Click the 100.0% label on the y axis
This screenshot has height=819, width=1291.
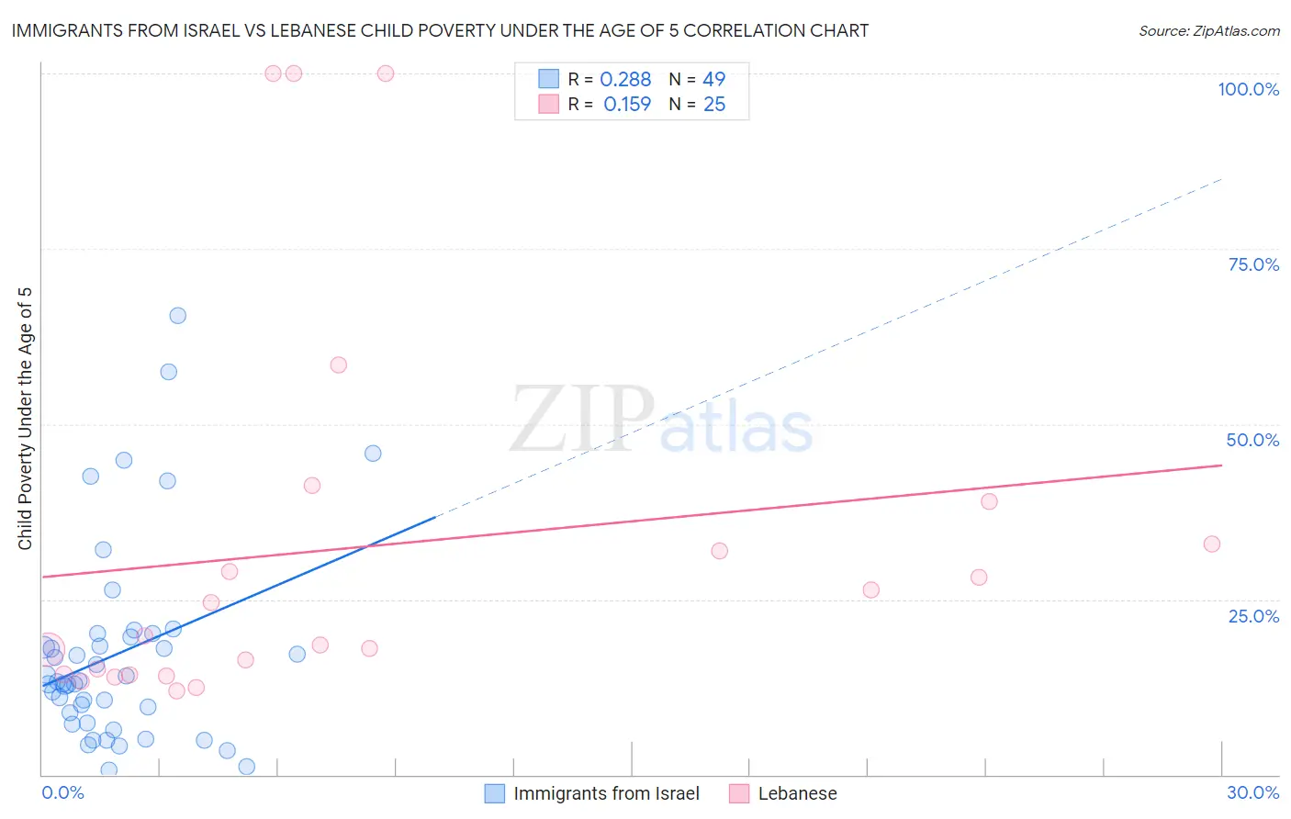click(x=1248, y=89)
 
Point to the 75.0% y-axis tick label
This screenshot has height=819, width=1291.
click(x=1253, y=264)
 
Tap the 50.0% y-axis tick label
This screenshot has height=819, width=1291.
click(x=1252, y=440)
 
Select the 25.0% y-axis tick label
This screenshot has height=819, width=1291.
click(x=1253, y=616)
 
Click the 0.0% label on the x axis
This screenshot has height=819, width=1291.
click(x=62, y=792)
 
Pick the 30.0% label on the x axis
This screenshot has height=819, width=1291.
click(x=1252, y=792)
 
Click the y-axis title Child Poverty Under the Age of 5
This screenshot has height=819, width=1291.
click(x=25, y=418)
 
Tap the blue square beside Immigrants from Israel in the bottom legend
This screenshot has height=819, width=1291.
click(x=495, y=793)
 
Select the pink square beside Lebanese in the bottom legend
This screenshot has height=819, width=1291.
click(x=739, y=793)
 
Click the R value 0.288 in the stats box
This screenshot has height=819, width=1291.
click(x=625, y=80)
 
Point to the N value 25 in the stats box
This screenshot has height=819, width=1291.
click(x=714, y=105)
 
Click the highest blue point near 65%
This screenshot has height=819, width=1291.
click(x=178, y=316)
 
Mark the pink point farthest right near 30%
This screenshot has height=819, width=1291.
click(x=1212, y=544)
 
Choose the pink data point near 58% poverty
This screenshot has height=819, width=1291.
click(x=339, y=365)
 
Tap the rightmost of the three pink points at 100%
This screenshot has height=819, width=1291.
click(x=386, y=73)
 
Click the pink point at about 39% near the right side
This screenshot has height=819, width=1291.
click(x=989, y=501)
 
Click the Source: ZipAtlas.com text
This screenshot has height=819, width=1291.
click(x=1208, y=31)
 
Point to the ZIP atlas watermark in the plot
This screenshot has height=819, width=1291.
click(x=661, y=420)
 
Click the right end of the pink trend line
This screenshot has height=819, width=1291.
click(x=1221, y=466)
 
